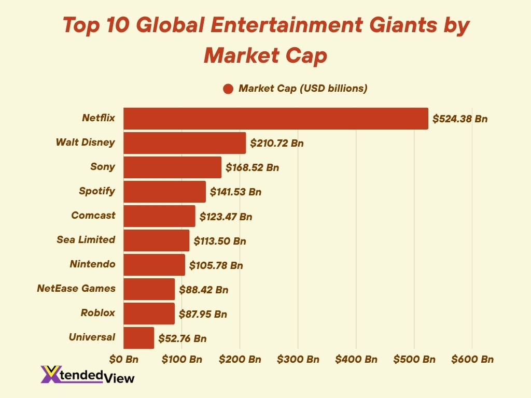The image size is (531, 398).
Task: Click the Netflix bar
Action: point(276,119)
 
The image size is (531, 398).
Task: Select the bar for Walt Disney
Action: point(185,143)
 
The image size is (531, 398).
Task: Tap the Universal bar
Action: point(139,338)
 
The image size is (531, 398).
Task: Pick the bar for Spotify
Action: point(165,192)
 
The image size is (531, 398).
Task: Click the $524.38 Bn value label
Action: point(460,119)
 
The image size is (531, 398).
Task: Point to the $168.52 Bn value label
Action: point(252,167)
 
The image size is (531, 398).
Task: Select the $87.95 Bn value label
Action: point(203,314)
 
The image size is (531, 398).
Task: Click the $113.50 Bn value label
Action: point(220,241)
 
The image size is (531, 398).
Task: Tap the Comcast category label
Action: point(93,215)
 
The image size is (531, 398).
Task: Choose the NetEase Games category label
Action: point(76,288)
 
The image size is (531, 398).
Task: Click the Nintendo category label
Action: point(92,264)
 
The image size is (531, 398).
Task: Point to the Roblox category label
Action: point(97,312)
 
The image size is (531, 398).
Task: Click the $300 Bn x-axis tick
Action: point(298,359)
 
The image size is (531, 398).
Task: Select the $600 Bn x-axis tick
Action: point(472,359)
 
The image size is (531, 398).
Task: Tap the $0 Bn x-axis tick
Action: point(123,359)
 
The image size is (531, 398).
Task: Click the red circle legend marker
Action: point(228,89)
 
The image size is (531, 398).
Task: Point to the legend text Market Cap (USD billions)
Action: point(303,89)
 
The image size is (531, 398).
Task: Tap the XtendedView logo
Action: point(87,375)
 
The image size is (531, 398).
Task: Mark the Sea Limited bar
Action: point(157,240)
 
